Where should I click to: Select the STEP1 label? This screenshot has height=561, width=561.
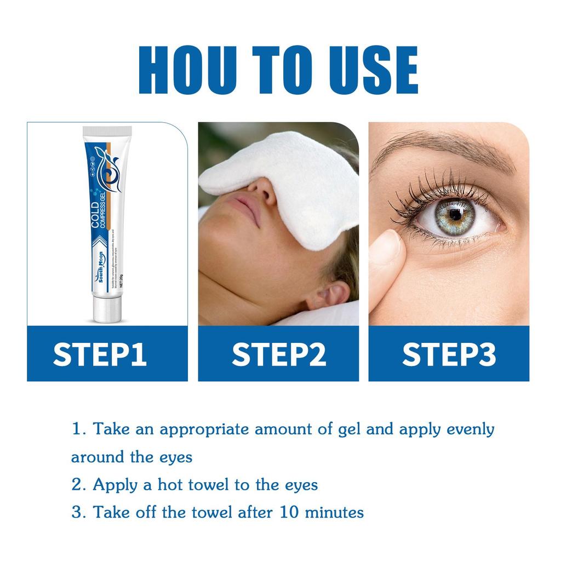pyautogui.click(x=100, y=354)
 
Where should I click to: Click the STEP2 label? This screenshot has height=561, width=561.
pyautogui.click(x=279, y=354)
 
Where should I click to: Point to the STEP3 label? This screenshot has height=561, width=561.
pyautogui.click(x=449, y=354)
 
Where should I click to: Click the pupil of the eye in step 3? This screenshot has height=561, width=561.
pyautogui.click(x=455, y=215)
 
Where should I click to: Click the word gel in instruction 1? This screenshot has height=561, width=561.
pyautogui.click(x=350, y=429)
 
